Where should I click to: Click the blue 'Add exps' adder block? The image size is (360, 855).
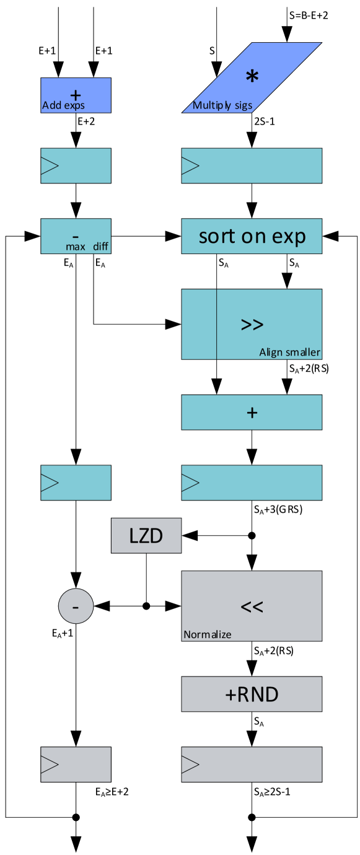(x=76, y=95)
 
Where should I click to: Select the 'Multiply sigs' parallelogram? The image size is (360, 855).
(x=252, y=78)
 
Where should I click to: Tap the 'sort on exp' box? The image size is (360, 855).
(x=252, y=236)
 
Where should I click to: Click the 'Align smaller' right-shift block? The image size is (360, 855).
(x=252, y=324)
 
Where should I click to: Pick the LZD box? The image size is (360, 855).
(x=146, y=536)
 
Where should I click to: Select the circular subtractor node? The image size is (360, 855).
(x=76, y=606)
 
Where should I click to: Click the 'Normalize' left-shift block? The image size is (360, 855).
(x=252, y=606)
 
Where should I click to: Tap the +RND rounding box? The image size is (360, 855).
(x=252, y=694)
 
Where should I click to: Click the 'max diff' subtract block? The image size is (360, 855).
(x=76, y=236)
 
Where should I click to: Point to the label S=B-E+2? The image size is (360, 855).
(x=308, y=15)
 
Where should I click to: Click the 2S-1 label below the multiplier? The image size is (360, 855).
(x=265, y=122)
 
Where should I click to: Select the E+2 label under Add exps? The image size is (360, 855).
(x=86, y=122)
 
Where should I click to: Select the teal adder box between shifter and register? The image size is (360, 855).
(x=252, y=412)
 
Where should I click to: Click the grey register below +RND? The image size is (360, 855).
(x=252, y=765)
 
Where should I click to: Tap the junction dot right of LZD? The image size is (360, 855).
(x=252, y=536)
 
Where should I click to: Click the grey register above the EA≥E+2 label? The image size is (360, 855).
(x=76, y=765)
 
